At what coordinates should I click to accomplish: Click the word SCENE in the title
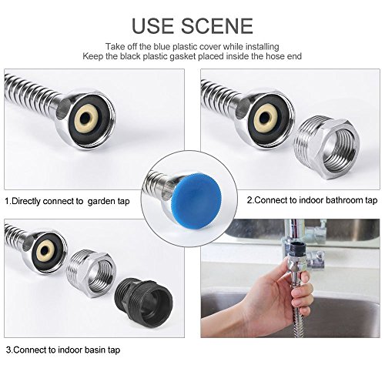[217, 26]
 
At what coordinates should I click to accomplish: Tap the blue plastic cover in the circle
[199, 193]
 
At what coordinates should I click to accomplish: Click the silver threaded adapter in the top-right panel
[326, 147]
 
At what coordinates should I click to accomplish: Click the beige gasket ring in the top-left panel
[86, 119]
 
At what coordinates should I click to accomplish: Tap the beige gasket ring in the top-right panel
[266, 118]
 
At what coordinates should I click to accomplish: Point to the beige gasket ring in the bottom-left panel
[45, 249]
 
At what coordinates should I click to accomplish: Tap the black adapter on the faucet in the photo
[298, 248]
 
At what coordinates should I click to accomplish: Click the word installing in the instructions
[263, 47]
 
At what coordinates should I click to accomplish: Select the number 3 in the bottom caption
[8, 350]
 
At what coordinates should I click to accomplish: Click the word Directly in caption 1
[25, 201]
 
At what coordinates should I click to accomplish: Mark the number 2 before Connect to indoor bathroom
[249, 200]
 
